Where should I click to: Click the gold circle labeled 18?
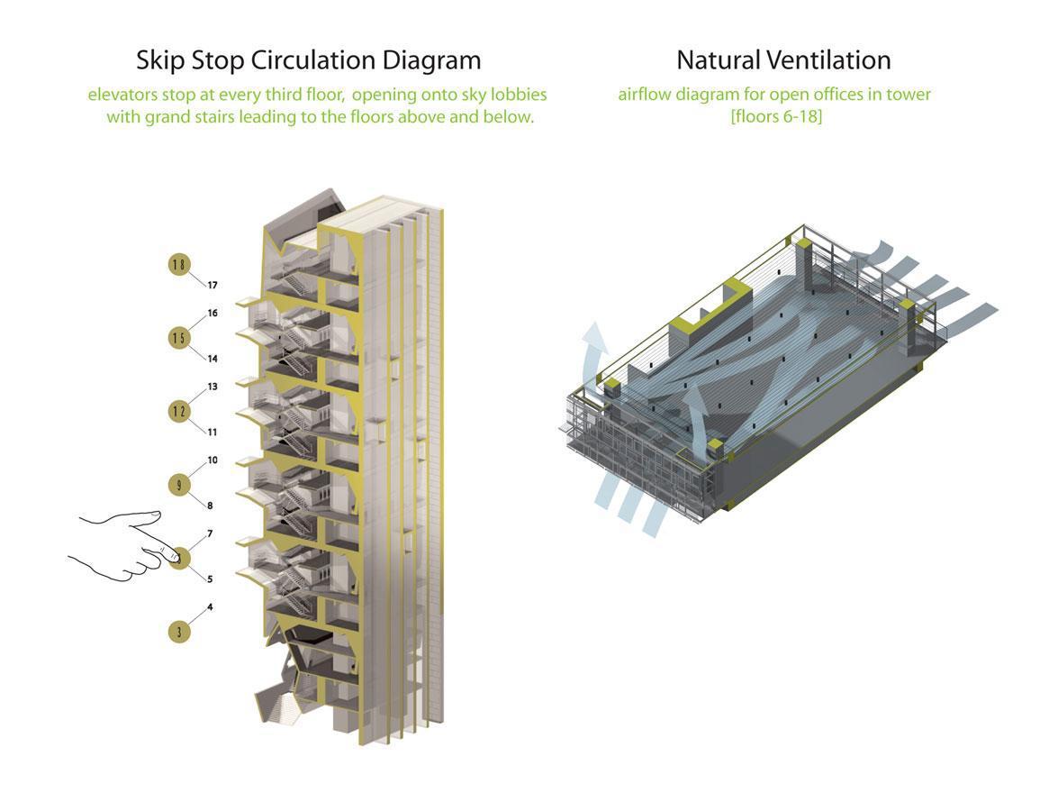179,264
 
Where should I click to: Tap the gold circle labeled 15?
179,338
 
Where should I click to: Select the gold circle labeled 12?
179,411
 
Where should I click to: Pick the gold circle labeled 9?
179,485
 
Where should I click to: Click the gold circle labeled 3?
179,632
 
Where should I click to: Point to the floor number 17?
213,286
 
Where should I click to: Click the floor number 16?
213,314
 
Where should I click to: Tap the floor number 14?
213,359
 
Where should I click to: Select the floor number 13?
213,387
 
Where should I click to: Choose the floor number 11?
213,433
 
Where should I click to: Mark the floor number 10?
213,460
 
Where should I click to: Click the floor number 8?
210,506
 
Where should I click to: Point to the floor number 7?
210,534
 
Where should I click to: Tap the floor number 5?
210,579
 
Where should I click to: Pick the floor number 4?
210,607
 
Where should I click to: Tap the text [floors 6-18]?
776,117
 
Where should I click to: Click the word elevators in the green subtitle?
124,95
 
